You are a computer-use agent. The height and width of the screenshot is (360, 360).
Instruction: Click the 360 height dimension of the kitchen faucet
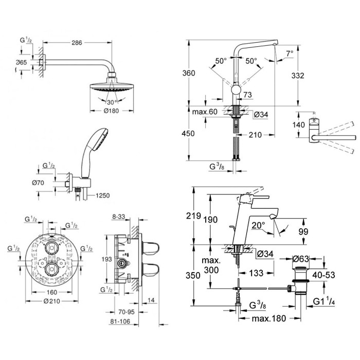(189, 73)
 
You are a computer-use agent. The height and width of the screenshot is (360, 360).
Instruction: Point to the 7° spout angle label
(290, 53)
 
